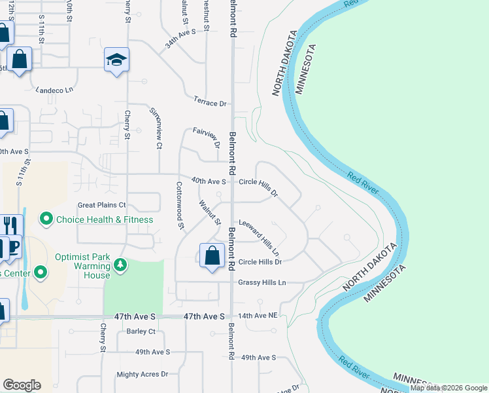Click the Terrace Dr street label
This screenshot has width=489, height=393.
tap(209, 102)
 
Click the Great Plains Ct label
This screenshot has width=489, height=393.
tap(101, 205)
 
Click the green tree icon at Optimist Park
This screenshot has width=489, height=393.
tap(120, 265)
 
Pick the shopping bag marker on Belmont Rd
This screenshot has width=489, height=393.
tap(212, 255)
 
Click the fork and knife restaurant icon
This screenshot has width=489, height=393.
tap(8, 225)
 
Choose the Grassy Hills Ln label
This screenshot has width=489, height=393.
tap(262, 282)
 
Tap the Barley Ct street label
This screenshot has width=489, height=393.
tap(141, 331)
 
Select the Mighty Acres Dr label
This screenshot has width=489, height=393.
tap(142, 374)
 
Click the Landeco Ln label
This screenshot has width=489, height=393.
tap(55, 90)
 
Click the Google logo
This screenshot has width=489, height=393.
tap(22, 385)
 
